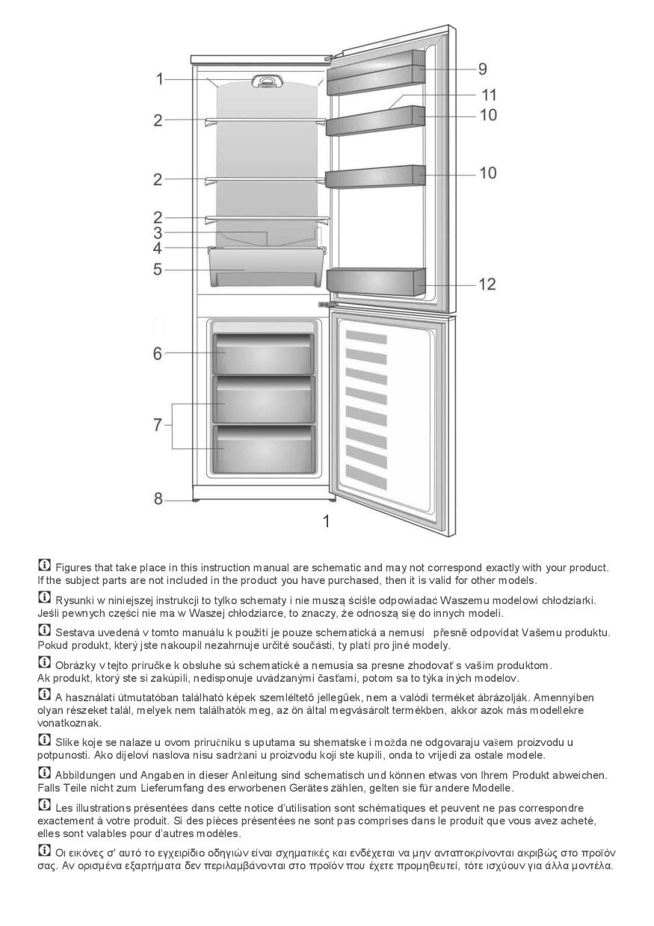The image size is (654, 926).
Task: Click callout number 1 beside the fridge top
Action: tap(158, 78)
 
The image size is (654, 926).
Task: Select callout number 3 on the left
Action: tap(158, 232)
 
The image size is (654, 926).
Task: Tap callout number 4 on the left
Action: tap(158, 247)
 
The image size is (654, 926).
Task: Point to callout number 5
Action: tap(158, 269)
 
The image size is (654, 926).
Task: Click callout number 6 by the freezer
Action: tap(158, 353)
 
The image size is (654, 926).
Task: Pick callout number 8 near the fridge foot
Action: tap(158, 499)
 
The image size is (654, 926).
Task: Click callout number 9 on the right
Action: tap(483, 69)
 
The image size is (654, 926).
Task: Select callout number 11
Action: tap(489, 96)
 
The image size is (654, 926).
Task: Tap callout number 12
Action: tap(487, 285)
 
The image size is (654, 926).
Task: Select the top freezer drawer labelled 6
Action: tap(263, 352)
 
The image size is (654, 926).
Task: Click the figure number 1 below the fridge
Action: tap(326, 521)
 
